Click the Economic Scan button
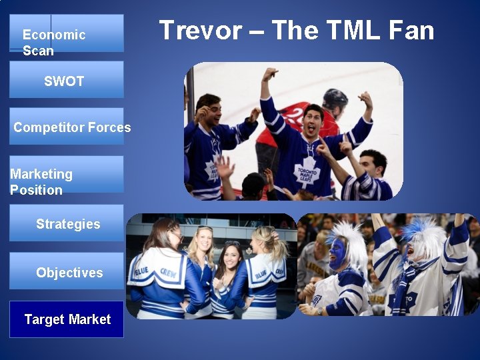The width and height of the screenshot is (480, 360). [x=66, y=33]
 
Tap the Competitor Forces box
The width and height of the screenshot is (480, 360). [x=66, y=126]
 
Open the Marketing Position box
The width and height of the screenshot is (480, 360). [x=66, y=175]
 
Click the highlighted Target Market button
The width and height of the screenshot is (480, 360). [x=66, y=319]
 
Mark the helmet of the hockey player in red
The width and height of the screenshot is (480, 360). [x=335, y=98]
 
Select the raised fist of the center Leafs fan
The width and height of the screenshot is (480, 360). [x=269, y=74]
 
